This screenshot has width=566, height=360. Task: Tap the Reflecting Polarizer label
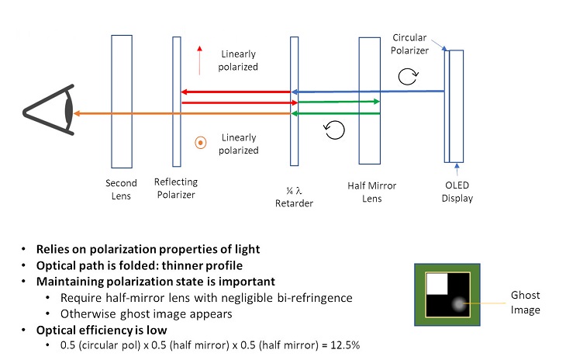click(x=176, y=189)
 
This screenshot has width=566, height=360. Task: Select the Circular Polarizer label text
click(x=412, y=44)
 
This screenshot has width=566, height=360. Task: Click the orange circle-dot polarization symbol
click(x=200, y=143)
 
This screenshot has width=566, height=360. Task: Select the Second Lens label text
click(x=121, y=189)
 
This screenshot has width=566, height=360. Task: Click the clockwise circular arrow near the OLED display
click(x=408, y=74)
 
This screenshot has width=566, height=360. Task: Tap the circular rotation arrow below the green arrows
click(x=334, y=130)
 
